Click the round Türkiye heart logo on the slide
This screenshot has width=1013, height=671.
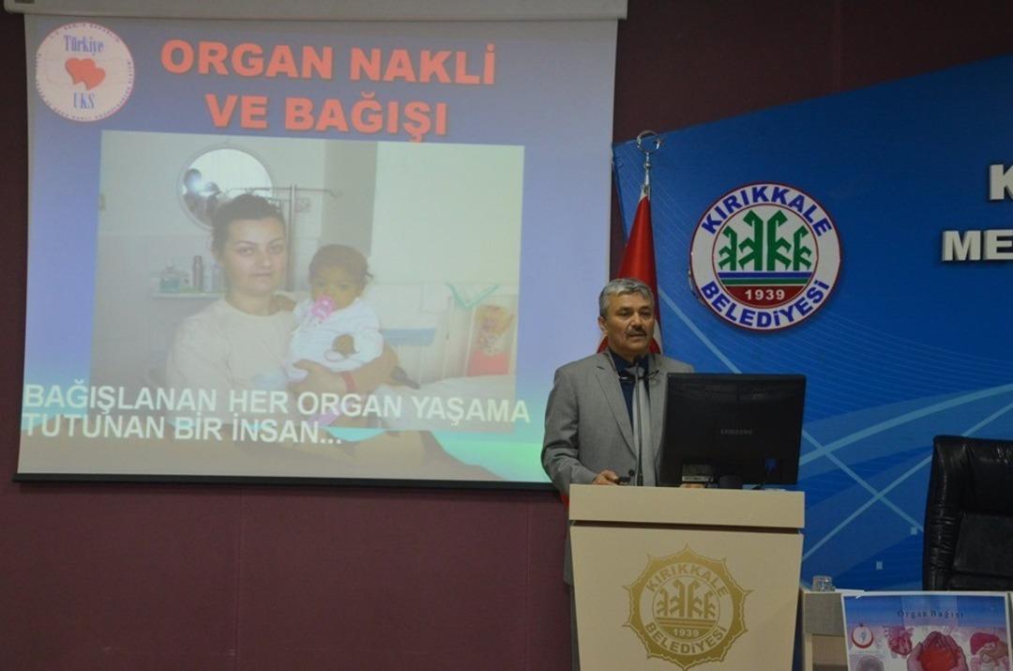point(84,71)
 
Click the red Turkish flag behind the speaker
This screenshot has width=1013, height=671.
point(642,253)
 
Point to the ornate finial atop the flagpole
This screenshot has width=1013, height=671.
point(647,148)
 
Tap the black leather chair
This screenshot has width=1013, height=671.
point(968,511)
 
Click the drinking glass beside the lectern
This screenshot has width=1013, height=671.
point(823,583)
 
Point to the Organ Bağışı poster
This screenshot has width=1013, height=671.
point(927,633)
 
